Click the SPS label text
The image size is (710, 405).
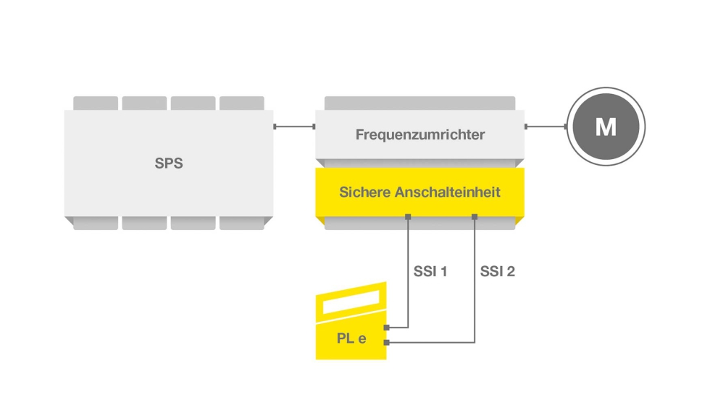(169, 163)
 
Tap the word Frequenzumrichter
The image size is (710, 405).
(420, 135)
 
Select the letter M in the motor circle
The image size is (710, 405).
(605, 128)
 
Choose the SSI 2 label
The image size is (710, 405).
(498, 272)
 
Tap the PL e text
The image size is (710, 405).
(351, 338)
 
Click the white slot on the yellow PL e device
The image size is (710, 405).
(351, 302)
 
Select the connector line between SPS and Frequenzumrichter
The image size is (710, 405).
(294, 127)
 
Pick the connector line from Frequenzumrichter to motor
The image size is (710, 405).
(546, 127)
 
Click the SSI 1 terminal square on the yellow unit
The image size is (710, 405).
(409, 216)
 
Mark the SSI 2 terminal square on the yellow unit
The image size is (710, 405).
(475, 216)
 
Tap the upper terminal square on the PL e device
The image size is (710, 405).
(387, 328)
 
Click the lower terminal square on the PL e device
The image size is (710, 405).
(387, 342)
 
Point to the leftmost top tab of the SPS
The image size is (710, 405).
(96, 103)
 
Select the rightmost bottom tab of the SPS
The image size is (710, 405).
(242, 223)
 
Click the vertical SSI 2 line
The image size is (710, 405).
(475, 289)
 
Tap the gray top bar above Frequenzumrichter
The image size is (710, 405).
(419, 103)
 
